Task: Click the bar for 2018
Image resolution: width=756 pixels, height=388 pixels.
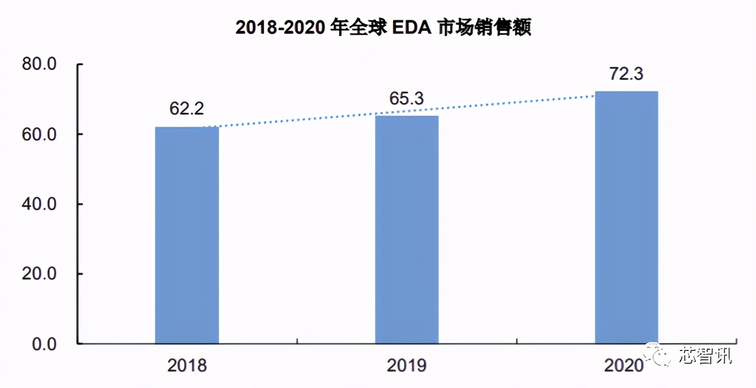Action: [187, 235]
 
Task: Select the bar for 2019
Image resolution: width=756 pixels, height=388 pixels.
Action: [407, 229]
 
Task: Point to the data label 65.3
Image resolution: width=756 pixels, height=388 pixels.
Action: [407, 99]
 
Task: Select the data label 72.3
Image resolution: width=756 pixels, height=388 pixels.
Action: [626, 73]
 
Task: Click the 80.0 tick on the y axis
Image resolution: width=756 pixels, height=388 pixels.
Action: [39, 64]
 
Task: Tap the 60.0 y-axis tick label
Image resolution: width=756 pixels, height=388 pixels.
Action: [39, 135]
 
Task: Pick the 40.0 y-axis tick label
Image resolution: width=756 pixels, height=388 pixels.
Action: [39, 204]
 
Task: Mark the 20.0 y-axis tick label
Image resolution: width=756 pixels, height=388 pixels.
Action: [39, 274]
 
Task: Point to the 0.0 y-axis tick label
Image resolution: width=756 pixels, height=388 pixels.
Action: [44, 344]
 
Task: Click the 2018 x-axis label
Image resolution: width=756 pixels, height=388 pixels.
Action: [187, 366]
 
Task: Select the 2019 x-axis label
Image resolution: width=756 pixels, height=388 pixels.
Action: [407, 366]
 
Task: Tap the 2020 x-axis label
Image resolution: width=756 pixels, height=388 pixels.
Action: [624, 366]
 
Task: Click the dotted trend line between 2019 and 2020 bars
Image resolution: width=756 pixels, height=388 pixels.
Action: [516, 105]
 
